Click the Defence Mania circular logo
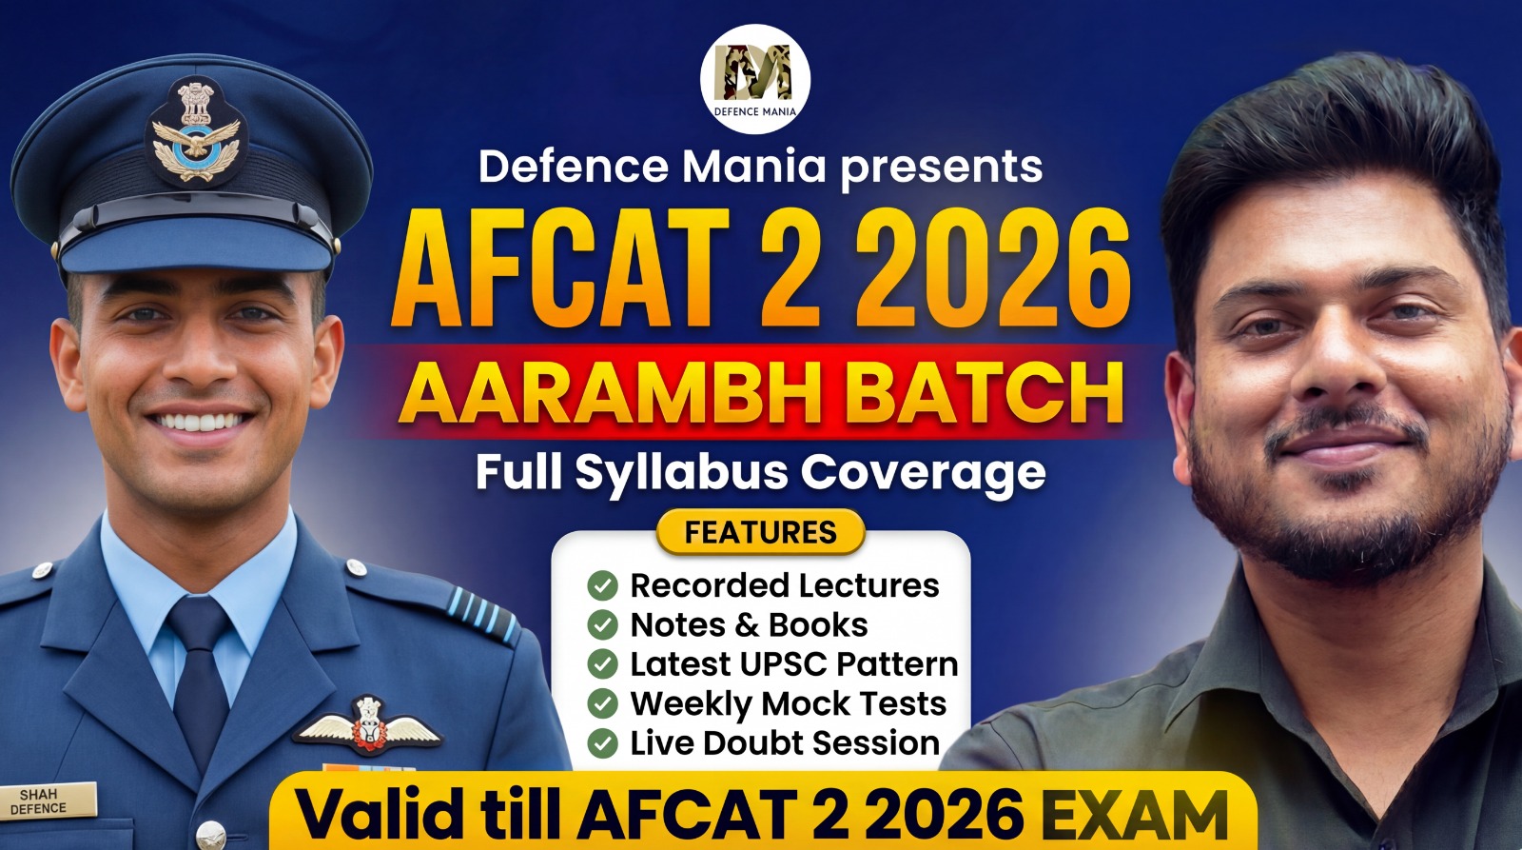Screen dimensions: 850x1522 [x=755, y=79]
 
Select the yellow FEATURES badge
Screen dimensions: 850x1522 [x=760, y=532]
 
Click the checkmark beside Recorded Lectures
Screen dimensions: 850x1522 [x=602, y=585]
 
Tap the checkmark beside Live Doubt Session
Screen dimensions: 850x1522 [x=602, y=742]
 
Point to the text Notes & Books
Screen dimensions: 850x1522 [x=749, y=624]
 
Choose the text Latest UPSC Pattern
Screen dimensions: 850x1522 [x=793, y=664]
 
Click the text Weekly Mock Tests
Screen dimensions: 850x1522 [x=788, y=703]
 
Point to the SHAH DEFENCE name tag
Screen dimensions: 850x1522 [x=40, y=801]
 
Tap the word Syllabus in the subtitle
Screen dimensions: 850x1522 [x=681, y=473]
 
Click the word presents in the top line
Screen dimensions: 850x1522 [x=942, y=168]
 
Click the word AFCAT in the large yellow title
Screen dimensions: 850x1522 [x=561, y=268]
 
